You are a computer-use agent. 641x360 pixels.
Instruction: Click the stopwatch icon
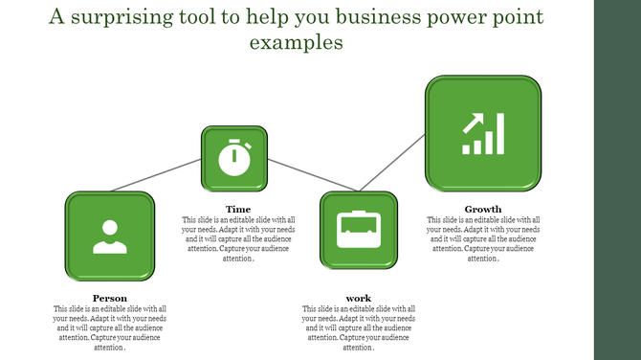click(x=234, y=158)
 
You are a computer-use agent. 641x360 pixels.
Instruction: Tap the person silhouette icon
click(x=109, y=236)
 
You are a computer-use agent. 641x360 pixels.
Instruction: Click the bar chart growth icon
click(x=483, y=135)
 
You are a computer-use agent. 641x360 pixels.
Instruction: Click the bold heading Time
click(x=238, y=209)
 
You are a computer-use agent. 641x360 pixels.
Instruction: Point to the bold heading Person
click(x=110, y=298)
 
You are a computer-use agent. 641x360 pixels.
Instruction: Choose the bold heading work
click(x=359, y=298)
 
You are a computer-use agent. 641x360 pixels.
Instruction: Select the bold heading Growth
click(x=483, y=209)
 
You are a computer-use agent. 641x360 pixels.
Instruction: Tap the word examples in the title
click(x=296, y=43)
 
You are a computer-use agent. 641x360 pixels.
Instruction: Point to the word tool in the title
click(x=204, y=17)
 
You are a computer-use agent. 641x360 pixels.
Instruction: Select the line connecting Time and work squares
click(x=294, y=175)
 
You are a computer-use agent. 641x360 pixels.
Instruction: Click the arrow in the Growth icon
click(x=473, y=123)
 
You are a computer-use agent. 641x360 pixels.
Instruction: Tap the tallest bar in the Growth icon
click(x=499, y=134)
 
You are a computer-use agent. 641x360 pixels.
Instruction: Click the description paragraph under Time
click(x=238, y=238)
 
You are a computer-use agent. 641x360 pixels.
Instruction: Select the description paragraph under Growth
click(x=483, y=238)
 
